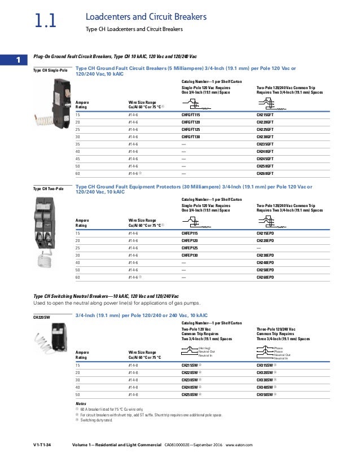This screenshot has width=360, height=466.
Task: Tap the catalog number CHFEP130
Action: point(193,256)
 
